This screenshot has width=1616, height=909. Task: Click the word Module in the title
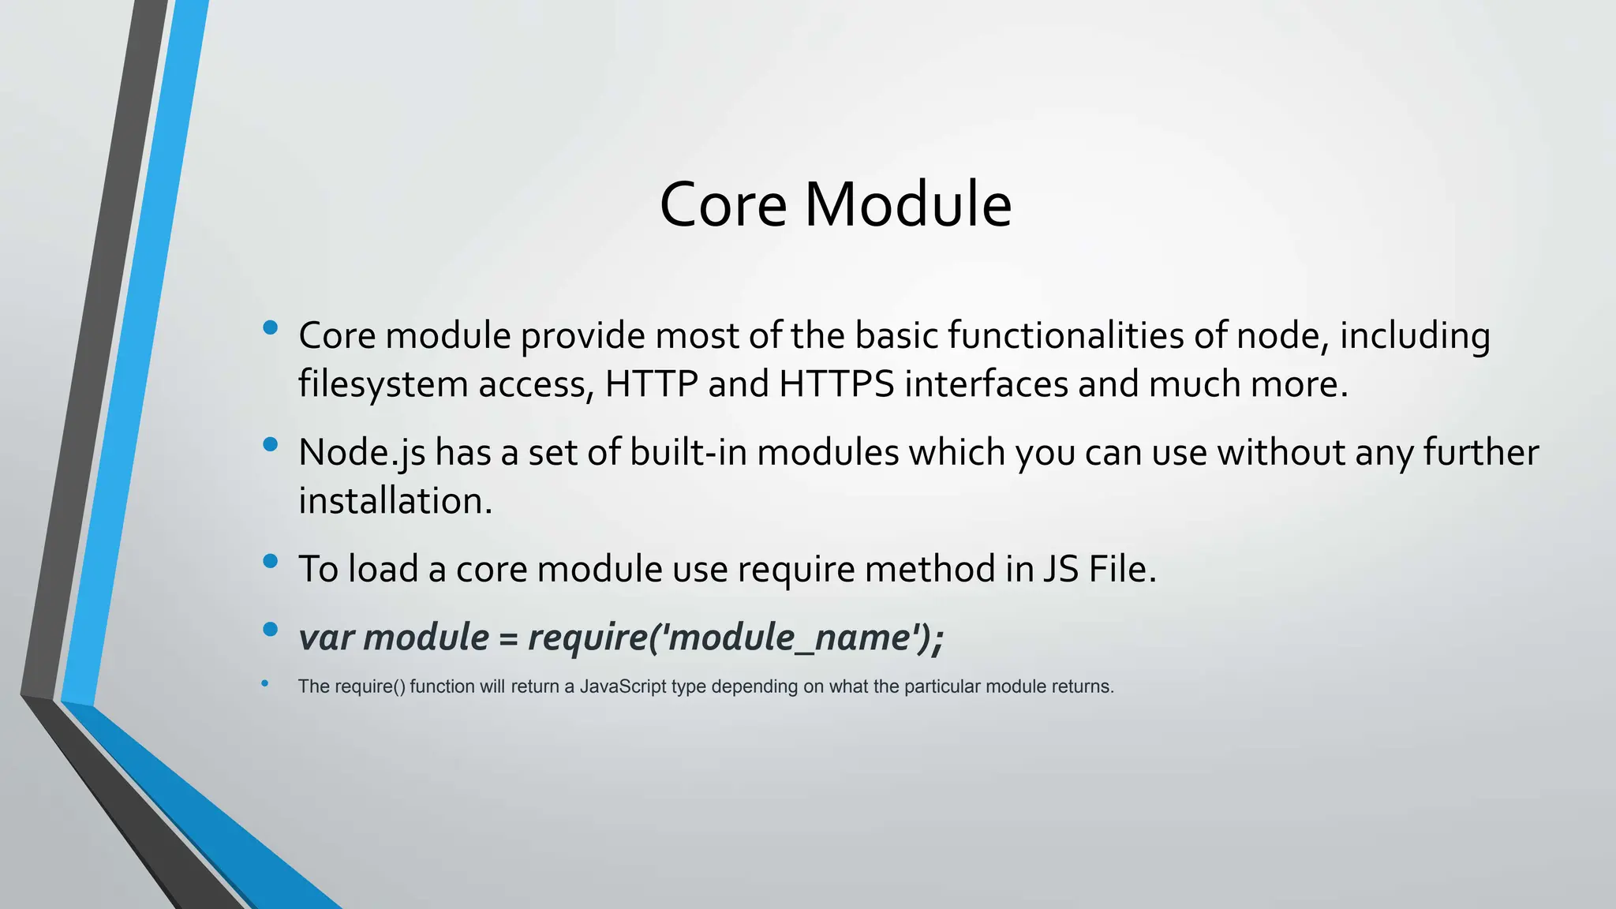(907, 204)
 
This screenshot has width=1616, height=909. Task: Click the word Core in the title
(723, 204)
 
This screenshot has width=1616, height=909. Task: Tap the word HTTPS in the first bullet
(836, 384)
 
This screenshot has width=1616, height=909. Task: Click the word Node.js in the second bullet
(361, 453)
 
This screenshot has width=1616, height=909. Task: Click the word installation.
(395, 501)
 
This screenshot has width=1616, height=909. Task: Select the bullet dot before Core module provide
(271, 327)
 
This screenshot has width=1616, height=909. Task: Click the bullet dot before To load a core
(271, 561)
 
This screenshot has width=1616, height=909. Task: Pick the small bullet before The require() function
(265, 683)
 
